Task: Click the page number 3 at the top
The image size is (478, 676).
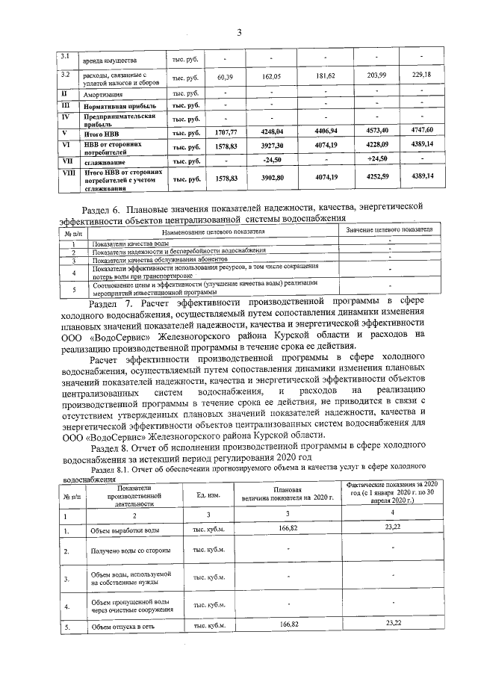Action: pyautogui.click(x=240, y=32)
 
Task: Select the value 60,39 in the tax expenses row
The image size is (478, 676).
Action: pyautogui.click(x=226, y=77)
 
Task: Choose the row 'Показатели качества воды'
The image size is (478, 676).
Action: pyautogui.click(x=127, y=244)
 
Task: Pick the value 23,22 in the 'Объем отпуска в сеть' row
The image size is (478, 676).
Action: pyautogui.click(x=394, y=623)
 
